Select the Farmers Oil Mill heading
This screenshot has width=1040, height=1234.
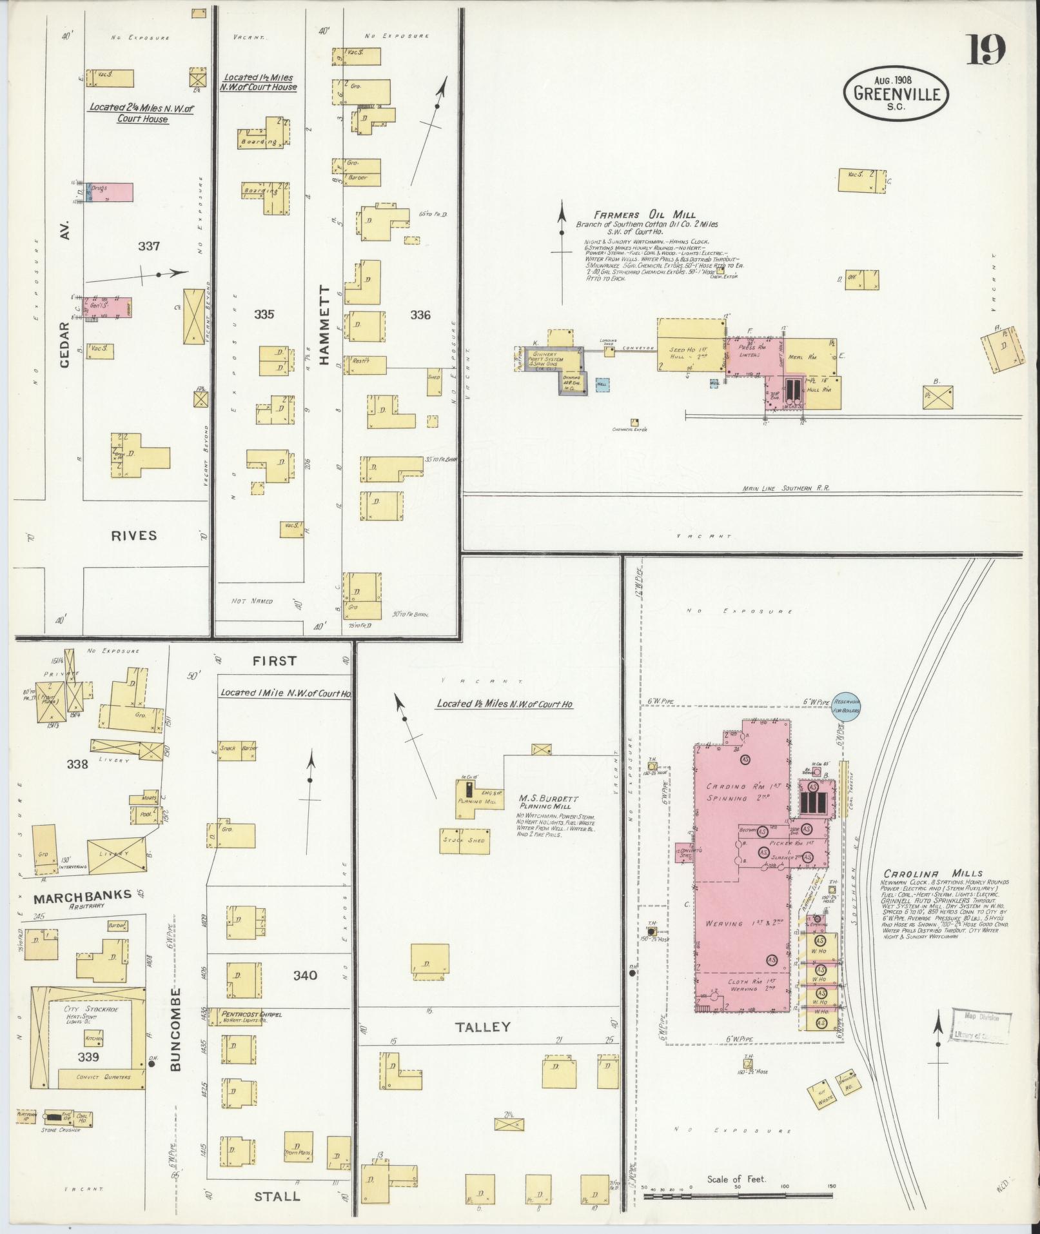tap(644, 215)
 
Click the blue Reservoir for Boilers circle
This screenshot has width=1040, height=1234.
tap(844, 706)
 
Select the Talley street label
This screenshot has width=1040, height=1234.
tap(483, 1026)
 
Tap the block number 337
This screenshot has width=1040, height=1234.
tap(148, 246)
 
